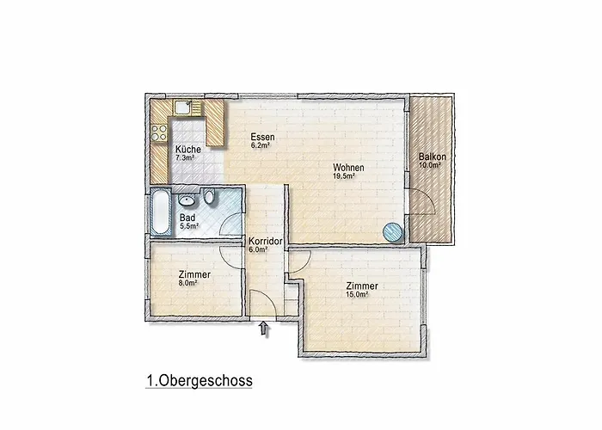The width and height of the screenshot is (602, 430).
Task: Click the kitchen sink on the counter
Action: [185, 108]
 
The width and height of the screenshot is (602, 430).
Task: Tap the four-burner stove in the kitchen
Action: [159, 133]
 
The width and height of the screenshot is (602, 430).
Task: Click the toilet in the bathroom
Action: [207, 198]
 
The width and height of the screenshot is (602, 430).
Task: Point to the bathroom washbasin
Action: [186, 200]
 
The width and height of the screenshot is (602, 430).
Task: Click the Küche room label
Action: [188, 150]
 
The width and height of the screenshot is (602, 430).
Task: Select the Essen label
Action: [262, 138]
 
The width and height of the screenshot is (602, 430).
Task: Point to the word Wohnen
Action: [349, 168]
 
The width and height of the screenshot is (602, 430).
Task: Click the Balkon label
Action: [431, 157]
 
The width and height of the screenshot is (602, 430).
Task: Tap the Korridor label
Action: [265, 242]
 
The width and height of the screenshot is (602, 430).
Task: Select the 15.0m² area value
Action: [357, 294]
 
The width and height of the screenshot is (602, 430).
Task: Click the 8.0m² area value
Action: [187, 282]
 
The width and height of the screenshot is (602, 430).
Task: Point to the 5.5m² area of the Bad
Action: [189, 227]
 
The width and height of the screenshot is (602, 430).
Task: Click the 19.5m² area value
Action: [344, 177]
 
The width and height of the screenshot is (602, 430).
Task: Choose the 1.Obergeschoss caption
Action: [199, 380]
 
